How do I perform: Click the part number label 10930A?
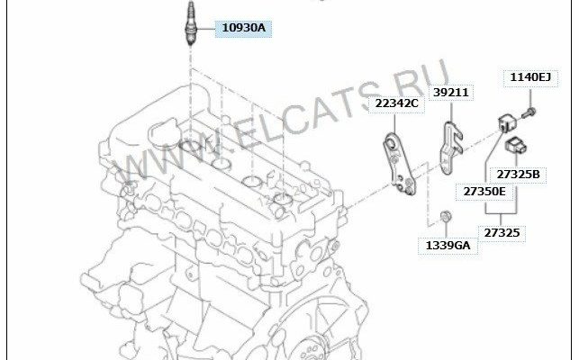click(244, 28)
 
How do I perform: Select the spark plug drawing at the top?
click(191, 22)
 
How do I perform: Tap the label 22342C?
click(396, 103)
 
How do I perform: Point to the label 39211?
click(451, 93)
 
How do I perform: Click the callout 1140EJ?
click(530, 77)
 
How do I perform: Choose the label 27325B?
click(518, 175)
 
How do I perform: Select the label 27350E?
click(484, 192)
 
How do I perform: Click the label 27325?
click(502, 233)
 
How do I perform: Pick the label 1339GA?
click(448, 246)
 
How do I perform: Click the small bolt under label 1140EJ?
click(529, 112)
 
